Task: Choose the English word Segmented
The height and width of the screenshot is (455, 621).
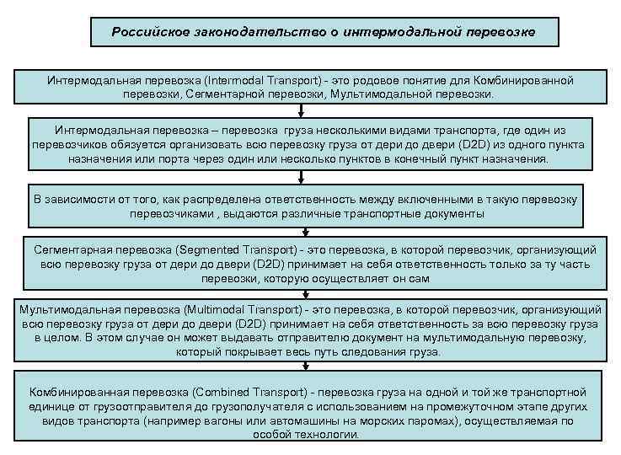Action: pyautogui.click(x=209, y=250)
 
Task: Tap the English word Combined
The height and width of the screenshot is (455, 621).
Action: pyautogui.click(x=218, y=393)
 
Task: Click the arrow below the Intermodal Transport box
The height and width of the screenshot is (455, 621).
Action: pyautogui.click(x=300, y=110)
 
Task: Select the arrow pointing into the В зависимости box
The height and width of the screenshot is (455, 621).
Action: pyautogui.click(x=300, y=176)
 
